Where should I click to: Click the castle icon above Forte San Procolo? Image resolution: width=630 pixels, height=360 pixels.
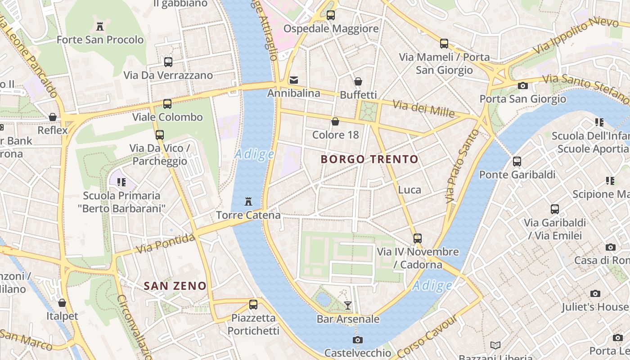pyautogui.click(x=100, y=26)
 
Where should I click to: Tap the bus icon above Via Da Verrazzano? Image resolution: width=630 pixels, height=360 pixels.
pyautogui.click(x=168, y=62)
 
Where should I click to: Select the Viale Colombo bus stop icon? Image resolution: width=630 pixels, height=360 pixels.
pyautogui.click(x=167, y=104)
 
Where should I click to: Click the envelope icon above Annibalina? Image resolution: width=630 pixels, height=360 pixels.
pyautogui.click(x=294, y=80)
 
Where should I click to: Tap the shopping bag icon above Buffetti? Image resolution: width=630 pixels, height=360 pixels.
pyautogui.click(x=358, y=81)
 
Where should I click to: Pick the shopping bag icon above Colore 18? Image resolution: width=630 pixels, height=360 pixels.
pyautogui.click(x=335, y=121)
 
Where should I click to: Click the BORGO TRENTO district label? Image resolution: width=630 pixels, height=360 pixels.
pyautogui.click(x=369, y=159)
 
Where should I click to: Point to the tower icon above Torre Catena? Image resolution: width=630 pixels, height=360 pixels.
pyautogui.click(x=248, y=201)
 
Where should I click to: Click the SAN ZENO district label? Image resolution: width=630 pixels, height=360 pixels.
pyautogui.click(x=175, y=286)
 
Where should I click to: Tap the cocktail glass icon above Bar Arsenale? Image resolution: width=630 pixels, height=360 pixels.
pyautogui.click(x=348, y=306)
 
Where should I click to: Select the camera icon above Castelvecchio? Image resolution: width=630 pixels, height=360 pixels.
pyautogui.click(x=358, y=340)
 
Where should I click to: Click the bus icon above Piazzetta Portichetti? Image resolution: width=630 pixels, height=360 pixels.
pyautogui.click(x=253, y=304)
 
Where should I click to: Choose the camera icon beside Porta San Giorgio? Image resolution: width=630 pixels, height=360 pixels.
pyautogui.click(x=522, y=85)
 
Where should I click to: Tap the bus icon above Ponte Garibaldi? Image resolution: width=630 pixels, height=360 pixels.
pyautogui.click(x=517, y=161)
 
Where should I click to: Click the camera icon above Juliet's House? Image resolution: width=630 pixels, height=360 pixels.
pyautogui.click(x=595, y=294)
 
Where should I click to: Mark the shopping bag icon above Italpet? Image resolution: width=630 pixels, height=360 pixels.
pyautogui.click(x=62, y=303)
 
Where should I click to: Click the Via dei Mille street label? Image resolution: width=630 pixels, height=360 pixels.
pyautogui.click(x=423, y=108)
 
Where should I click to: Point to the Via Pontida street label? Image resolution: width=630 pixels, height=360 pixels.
pyautogui.click(x=166, y=243)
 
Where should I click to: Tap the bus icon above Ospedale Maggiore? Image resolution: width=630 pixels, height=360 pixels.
pyautogui.click(x=331, y=15)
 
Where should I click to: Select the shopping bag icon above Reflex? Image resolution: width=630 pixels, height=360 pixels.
pyautogui.click(x=53, y=117)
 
